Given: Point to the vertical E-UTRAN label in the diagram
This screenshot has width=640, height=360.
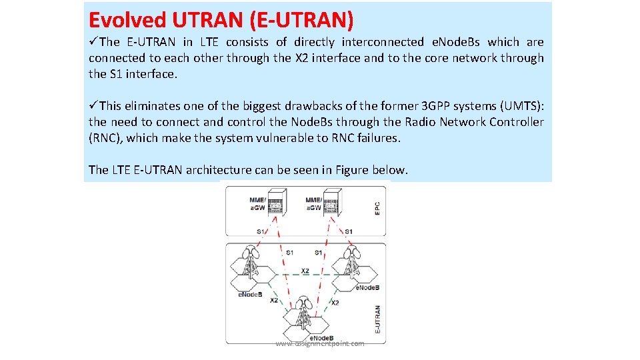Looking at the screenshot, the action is [x=378, y=319].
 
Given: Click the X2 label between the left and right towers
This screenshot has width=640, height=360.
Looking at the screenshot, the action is [x=305, y=271].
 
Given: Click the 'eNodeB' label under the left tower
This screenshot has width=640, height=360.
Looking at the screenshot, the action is [x=250, y=295].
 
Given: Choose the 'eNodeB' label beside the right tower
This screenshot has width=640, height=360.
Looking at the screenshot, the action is [x=367, y=287].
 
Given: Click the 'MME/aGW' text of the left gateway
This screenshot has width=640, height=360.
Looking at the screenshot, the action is [x=257, y=203].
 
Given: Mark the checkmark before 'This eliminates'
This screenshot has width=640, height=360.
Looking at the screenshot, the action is [x=93, y=105].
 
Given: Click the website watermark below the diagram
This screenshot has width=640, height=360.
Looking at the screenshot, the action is [x=320, y=343].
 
